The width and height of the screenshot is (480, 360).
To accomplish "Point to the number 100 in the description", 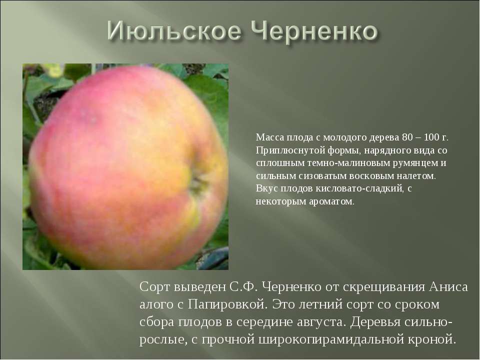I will click(x=429, y=137).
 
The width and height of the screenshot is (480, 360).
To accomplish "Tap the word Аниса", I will click(x=448, y=288).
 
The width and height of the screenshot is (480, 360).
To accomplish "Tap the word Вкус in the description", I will click(x=266, y=189).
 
